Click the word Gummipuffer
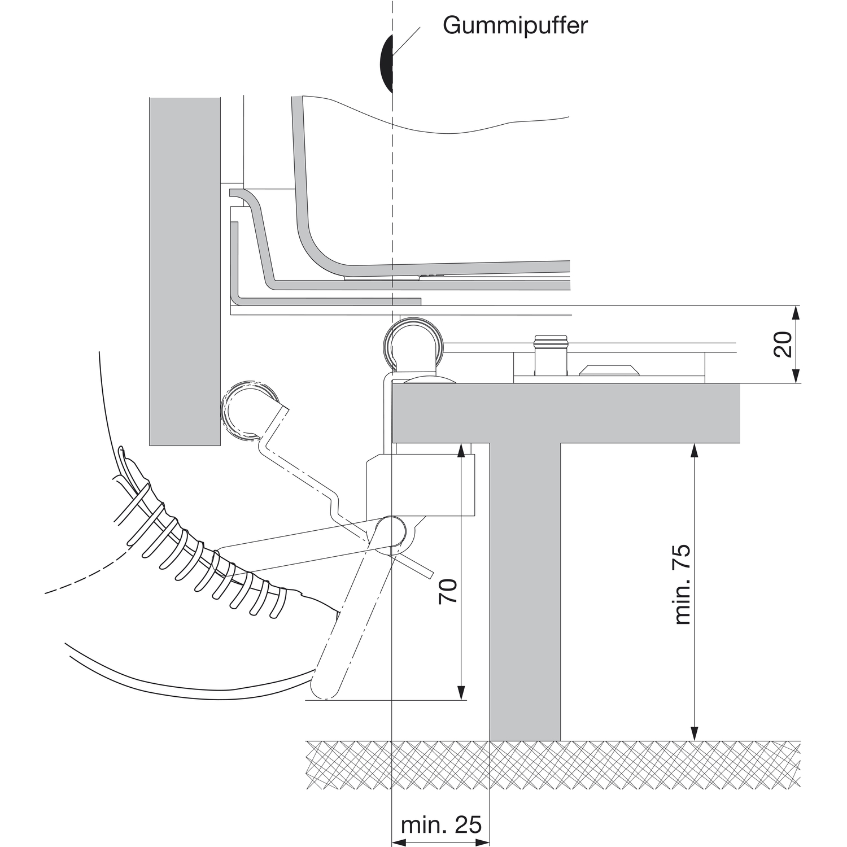(515, 26)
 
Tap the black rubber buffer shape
(386, 63)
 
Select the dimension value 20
(783, 344)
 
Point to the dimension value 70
(448, 591)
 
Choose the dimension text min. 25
(441, 825)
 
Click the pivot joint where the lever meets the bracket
(389, 531)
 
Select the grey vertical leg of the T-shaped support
(525, 593)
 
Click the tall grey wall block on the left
(185, 271)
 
